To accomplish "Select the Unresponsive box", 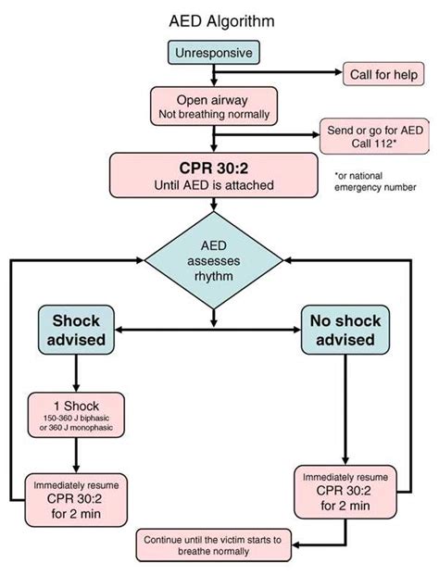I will point(214,53).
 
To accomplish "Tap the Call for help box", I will point(383,73).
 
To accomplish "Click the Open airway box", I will point(214,106).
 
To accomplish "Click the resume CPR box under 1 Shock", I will point(75,501).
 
